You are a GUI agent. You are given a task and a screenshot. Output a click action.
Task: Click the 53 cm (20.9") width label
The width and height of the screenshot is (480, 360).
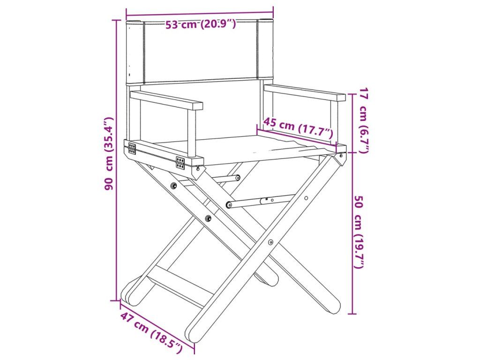click(x=201, y=24)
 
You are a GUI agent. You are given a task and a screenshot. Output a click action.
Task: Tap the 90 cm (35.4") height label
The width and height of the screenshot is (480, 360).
click(x=109, y=153)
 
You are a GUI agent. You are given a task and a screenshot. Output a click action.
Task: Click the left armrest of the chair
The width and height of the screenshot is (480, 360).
click(x=166, y=100)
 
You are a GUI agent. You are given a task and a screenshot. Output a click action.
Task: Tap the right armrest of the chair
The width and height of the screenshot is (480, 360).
click(x=305, y=92)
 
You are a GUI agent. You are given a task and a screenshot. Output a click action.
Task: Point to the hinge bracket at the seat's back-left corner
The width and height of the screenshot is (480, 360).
click(x=132, y=148)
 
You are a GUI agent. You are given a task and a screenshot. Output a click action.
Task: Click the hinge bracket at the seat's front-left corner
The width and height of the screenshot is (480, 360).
click(x=180, y=162)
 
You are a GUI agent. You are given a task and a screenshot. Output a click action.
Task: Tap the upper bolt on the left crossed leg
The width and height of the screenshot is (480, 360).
click(x=174, y=186)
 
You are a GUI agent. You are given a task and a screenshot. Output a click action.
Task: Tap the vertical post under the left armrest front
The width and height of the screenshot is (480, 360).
click(x=192, y=134)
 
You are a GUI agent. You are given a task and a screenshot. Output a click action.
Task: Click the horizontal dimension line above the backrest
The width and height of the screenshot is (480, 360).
click(x=200, y=13)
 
